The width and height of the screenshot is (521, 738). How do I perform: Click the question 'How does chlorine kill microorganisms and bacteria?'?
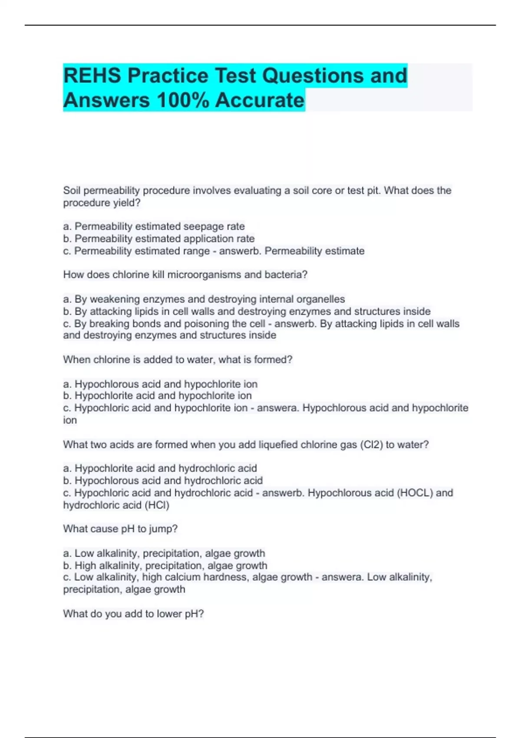(x=185, y=275)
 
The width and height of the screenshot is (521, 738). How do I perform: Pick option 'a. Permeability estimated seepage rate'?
(x=154, y=227)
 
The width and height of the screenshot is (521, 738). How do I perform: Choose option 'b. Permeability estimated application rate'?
(x=159, y=239)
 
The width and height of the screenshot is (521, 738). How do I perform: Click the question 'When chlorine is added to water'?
(x=178, y=360)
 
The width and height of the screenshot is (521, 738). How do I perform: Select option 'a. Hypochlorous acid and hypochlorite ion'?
(x=160, y=384)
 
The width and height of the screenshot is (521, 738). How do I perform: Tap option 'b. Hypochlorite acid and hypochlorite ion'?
(x=157, y=396)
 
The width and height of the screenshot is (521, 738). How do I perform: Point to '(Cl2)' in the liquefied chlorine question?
(x=371, y=445)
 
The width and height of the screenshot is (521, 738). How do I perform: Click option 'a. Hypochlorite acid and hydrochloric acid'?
(x=160, y=468)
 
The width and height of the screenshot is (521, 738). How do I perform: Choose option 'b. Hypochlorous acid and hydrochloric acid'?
(x=163, y=481)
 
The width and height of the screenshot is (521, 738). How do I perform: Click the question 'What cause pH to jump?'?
(x=120, y=529)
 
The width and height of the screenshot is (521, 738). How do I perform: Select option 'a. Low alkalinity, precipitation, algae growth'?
(x=164, y=553)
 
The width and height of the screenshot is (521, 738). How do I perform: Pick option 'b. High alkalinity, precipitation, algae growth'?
(x=165, y=566)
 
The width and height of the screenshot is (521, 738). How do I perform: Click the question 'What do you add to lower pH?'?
(x=133, y=614)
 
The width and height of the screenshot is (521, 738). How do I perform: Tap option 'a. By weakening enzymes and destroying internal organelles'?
(x=204, y=299)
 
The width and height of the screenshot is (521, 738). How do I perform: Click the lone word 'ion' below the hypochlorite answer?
(x=70, y=420)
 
